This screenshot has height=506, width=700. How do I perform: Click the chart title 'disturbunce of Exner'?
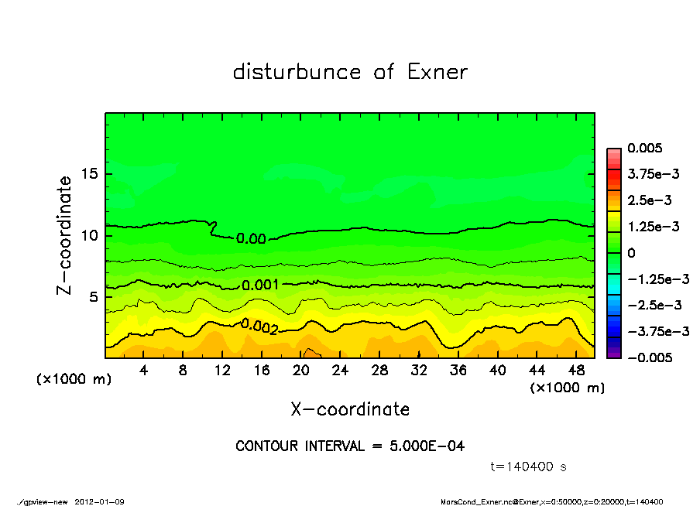350,72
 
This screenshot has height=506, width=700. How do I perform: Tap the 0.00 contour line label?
251,238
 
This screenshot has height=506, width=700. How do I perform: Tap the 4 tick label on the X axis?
144,371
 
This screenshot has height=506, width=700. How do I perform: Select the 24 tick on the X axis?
340,371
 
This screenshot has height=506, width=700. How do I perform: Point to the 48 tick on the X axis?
575,371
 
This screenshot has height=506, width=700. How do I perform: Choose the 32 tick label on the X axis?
419,371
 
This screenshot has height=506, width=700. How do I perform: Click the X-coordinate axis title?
350,409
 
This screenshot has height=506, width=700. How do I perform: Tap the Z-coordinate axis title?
64,234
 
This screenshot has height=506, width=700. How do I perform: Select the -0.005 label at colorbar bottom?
650,357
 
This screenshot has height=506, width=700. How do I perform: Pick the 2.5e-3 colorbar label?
649,200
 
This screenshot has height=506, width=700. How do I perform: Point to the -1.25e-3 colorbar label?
654,279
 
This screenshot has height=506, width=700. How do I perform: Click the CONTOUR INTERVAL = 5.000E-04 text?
350,446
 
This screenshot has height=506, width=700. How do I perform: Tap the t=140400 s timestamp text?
530,467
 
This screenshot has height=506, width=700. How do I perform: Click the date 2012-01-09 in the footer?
99,501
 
